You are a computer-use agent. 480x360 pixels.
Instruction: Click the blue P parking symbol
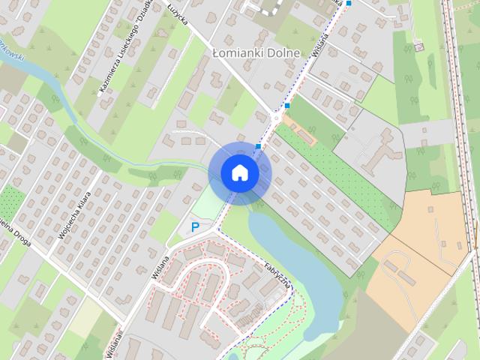[x=194, y=226]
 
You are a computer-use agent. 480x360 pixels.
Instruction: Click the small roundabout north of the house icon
[x=277, y=116]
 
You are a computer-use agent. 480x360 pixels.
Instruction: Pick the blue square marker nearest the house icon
[x=258, y=146]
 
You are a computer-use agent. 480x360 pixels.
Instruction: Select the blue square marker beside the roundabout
[x=287, y=106]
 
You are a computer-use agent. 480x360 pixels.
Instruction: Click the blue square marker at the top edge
[x=349, y=3]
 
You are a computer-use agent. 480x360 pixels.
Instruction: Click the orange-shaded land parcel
[x=420, y=247]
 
